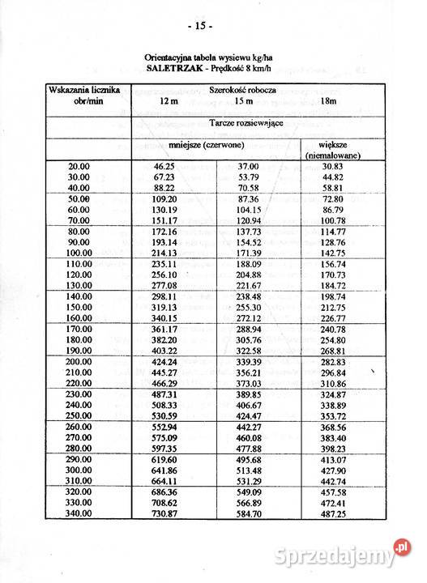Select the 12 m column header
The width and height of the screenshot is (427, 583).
point(169,100)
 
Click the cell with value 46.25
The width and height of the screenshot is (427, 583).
point(164,165)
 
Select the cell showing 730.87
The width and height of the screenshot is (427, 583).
point(164,513)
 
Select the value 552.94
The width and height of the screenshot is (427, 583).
point(164,426)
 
